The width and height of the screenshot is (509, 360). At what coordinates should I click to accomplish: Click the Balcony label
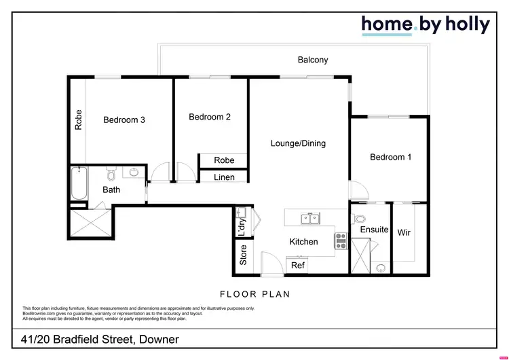tap(313, 60)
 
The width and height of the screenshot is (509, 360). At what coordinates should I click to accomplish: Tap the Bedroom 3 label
tap(124, 120)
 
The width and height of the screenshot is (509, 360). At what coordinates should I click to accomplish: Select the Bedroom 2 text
tap(210, 117)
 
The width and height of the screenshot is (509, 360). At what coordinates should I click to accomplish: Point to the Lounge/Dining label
tap(298, 143)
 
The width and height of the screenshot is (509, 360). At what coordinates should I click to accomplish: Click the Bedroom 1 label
tap(390, 157)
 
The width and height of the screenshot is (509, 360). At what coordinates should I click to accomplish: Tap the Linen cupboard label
tap(224, 177)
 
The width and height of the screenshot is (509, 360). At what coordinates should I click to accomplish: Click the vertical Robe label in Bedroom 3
tap(79, 120)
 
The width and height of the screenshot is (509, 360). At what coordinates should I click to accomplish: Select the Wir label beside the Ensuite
tap(404, 233)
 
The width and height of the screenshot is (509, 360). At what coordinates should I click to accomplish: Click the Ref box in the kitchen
tap(298, 266)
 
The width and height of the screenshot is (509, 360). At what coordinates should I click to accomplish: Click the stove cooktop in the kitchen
tap(341, 240)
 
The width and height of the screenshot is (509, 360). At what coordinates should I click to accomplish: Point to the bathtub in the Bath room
tap(78, 183)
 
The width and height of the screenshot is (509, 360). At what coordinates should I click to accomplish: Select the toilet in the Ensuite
tap(360, 219)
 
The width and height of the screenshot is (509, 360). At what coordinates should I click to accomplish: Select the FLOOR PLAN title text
tap(254, 294)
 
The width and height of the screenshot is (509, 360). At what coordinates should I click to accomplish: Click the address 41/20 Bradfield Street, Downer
tap(100, 339)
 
